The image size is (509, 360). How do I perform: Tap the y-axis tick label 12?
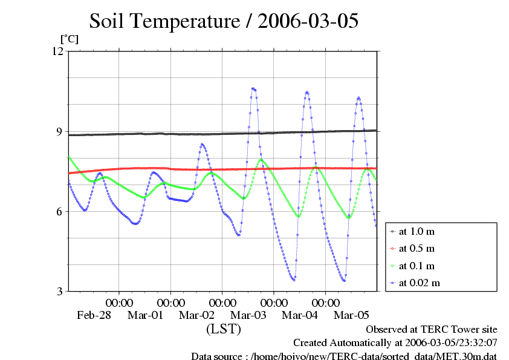click(57, 51)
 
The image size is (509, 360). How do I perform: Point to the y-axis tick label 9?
click(60, 131)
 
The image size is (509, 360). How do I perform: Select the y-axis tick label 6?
click(60, 211)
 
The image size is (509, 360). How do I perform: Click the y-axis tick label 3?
click(60, 291)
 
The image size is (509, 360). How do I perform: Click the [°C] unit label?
click(69, 39)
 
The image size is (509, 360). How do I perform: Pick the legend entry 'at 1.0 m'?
click(417, 231)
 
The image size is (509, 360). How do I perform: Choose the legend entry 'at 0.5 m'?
click(417, 248)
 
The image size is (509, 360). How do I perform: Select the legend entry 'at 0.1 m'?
click(417, 266)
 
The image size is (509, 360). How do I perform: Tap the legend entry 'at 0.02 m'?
click(419, 283)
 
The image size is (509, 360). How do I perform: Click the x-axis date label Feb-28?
click(94, 315)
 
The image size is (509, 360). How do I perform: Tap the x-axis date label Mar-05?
click(352, 315)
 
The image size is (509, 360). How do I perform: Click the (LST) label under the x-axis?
click(223, 329)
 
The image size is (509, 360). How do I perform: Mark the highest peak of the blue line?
click(253, 88)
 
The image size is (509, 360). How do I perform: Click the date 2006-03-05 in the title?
click(308, 21)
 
